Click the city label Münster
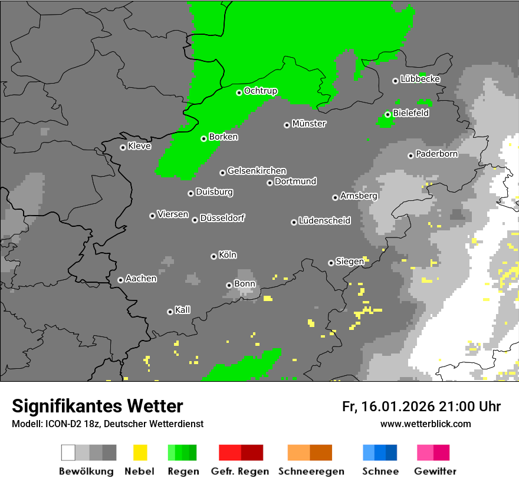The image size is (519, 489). tap(308, 124)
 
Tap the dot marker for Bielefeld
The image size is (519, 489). tap(387, 114)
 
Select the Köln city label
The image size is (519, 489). tap(227, 255)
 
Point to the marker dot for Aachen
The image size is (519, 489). tap(120, 280)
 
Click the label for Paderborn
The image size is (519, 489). tap(436, 154)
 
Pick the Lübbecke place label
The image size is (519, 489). tap(420, 79)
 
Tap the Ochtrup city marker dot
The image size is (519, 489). tap(239, 92)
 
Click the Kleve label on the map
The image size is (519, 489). tap(139, 146)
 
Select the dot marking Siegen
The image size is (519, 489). tap(331, 263)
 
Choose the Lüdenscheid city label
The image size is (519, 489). tap(324, 221)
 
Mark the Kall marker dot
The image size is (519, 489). tap(170, 312)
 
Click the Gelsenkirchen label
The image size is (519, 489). tap(257, 171)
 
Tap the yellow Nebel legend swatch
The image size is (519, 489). tap(140, 452)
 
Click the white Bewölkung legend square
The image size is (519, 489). tap(68, 452)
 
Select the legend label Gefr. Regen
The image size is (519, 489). tap(240, 471)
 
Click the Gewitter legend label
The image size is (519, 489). tap(435, 471)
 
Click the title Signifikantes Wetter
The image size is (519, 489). tap(97, 407)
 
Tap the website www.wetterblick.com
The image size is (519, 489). tap(425, 424)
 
